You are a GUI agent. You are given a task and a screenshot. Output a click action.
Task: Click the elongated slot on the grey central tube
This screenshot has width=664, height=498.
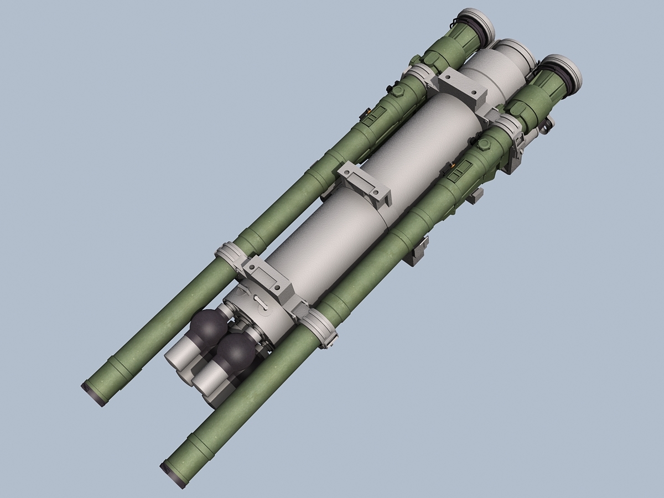[x=261, y=302]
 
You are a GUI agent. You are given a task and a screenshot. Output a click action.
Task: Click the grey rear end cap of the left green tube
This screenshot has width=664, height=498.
[x=477, y=25]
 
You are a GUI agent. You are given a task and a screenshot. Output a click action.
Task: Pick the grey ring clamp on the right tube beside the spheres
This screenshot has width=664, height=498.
[x=319, y=327]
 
